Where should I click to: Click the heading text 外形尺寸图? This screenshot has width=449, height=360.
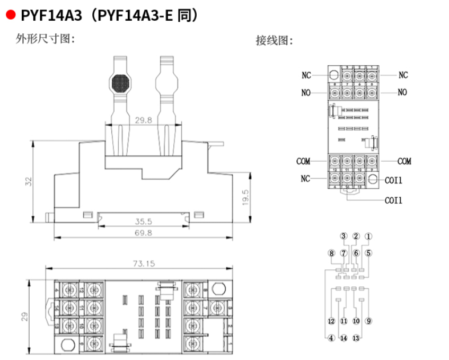(x=45, y=39)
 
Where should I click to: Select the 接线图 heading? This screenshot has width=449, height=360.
(x=274, y=40)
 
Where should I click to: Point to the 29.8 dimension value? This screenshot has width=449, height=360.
(x=143, y=120)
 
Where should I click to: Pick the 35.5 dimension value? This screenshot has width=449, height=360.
(x=143, y=221)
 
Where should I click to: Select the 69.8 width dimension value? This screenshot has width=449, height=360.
(x=143, y=232)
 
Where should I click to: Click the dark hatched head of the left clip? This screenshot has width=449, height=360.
(x=121, y=83)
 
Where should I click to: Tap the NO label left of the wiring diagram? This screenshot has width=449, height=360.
(x=306, y=93)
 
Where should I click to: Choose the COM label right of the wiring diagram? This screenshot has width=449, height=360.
(x=404, y=161)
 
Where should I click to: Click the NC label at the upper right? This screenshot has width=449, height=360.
(x=403, y=75)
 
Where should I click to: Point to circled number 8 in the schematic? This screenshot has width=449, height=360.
(x=331, y=253)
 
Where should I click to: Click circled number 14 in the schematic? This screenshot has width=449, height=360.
(x=344, y=338)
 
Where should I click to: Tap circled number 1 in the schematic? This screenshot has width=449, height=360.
(x=368, y=236)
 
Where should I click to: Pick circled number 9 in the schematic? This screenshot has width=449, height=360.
(x=368, y=321)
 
